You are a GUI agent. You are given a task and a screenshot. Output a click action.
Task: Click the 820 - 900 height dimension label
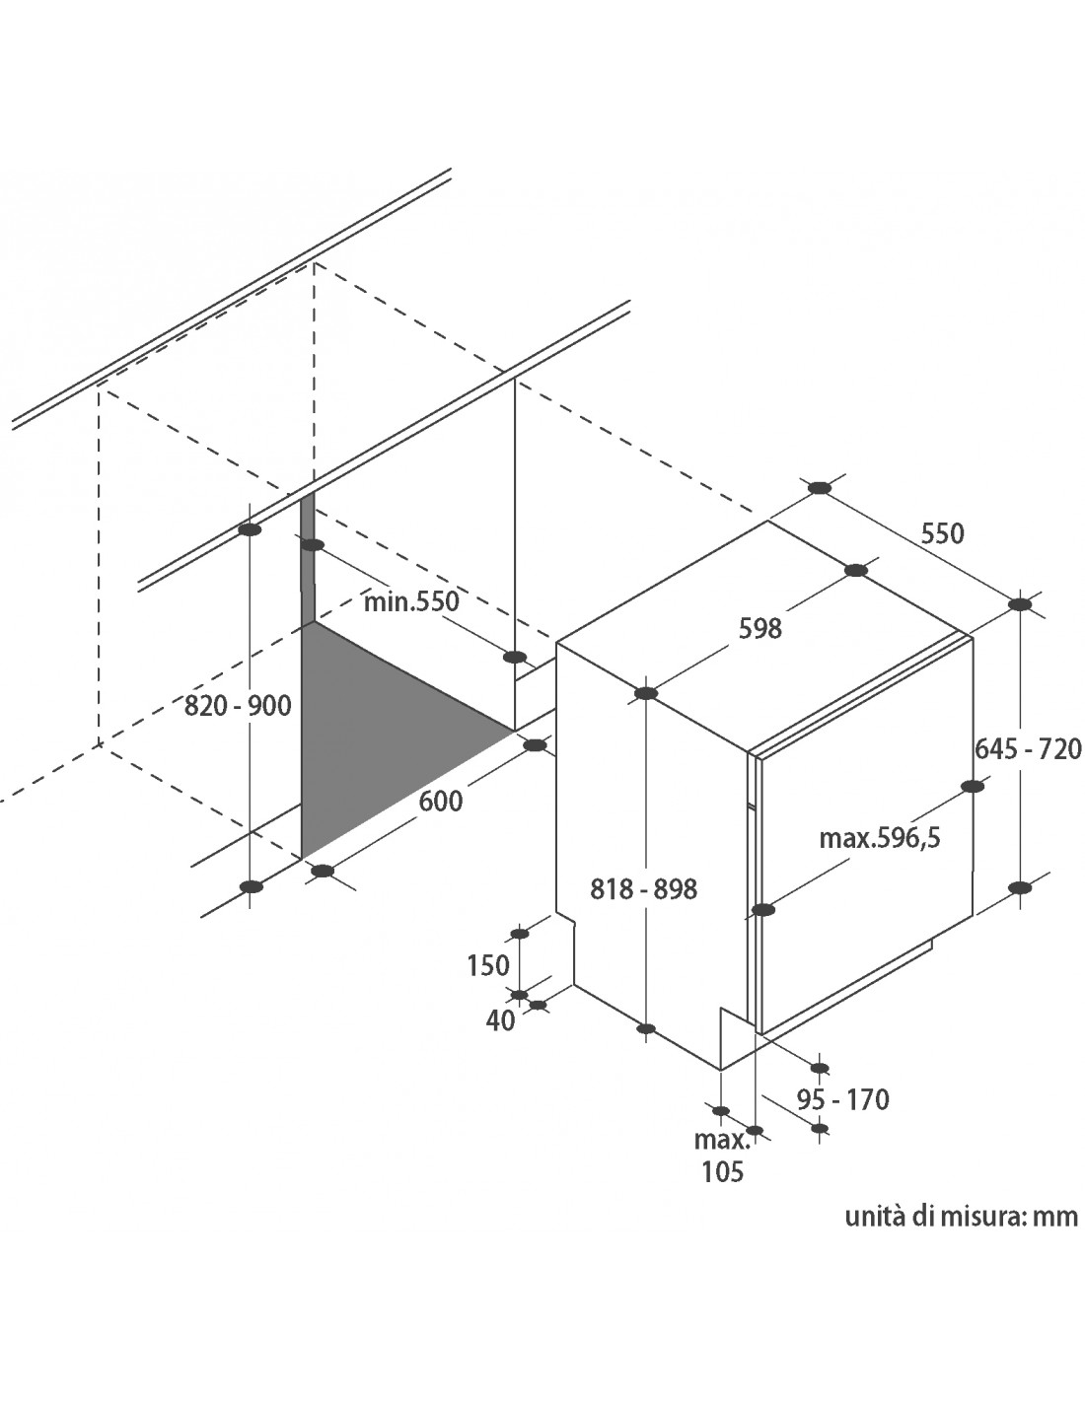238,707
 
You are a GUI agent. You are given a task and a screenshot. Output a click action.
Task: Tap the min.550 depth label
411,602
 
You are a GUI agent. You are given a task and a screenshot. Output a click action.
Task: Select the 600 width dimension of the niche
441,802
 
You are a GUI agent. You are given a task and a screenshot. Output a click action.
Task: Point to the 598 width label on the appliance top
760,628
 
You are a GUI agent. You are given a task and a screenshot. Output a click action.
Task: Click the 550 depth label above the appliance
942,534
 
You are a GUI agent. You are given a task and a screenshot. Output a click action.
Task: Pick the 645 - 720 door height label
1028,749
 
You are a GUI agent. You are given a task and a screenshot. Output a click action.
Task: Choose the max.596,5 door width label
879,839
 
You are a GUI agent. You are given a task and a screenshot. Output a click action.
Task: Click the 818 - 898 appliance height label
643,889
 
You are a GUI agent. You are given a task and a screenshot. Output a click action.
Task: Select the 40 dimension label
501,1020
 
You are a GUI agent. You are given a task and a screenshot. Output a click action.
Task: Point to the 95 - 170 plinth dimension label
843,1099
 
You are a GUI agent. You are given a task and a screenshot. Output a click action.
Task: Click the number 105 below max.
723,1171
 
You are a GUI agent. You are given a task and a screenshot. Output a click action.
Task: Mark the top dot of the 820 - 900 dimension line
250,529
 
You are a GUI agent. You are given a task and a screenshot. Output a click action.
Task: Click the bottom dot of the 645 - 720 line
1019,887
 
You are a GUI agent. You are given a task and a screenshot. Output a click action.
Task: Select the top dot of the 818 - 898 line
646,693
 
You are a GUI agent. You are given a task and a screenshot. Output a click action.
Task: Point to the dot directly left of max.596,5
763,910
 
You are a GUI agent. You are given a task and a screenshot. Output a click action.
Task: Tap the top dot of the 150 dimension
520,935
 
